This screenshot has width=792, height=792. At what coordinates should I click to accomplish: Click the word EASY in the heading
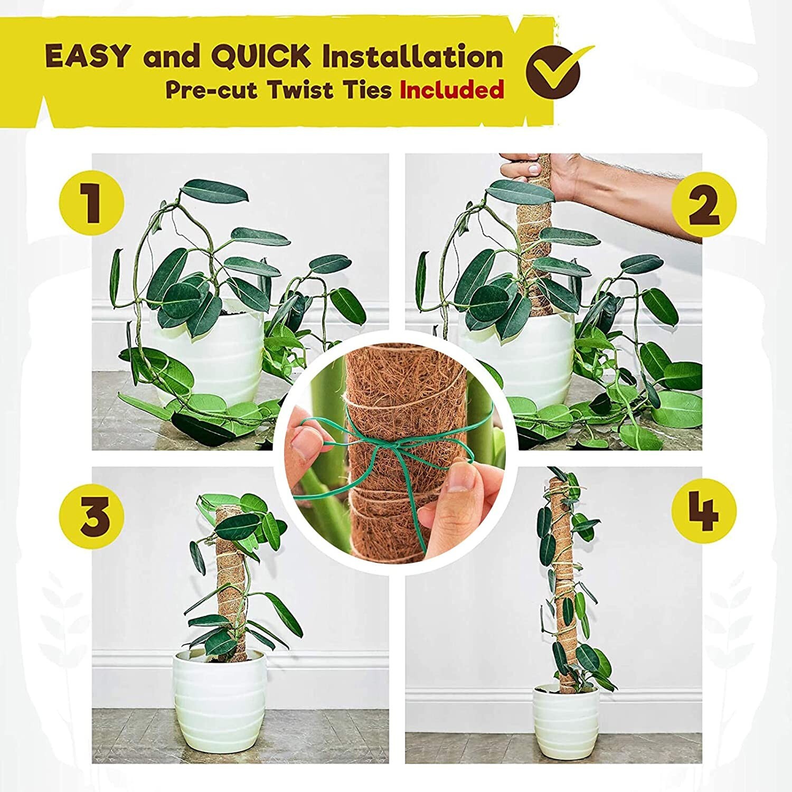[x=87, y=56]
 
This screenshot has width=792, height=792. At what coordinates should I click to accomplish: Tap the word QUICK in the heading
[x=263, y=56]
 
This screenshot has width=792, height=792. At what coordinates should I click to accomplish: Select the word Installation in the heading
[x=412, y=56]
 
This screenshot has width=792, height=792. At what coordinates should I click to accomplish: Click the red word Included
[x=451, y=90]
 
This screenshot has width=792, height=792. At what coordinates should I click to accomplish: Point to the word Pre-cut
[x=211, y=90]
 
